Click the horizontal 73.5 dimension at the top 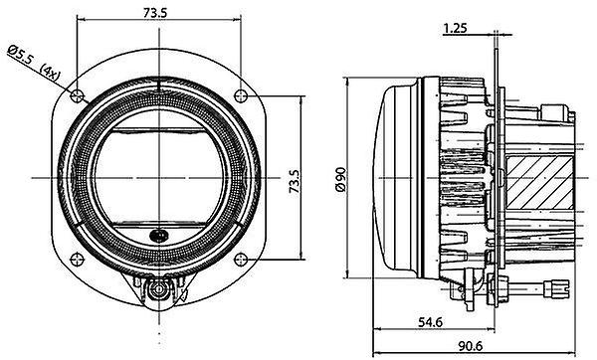[155, 13]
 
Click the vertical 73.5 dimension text [295, 181]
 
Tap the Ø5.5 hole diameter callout [21, 54]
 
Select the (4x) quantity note [50, 73]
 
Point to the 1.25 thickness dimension [455, 28]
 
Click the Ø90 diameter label [340, 179]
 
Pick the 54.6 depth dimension [430, 322]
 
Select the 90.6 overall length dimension [471, 346]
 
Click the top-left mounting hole [77, 95]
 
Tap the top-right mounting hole [241, 95]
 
